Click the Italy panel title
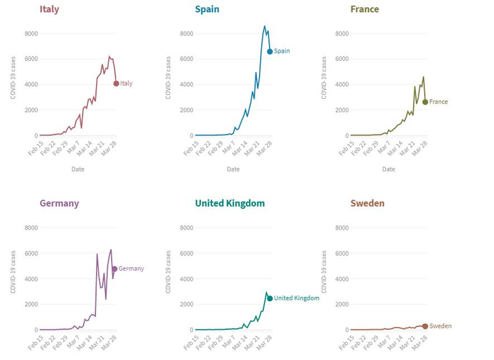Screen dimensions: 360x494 pos(49,10)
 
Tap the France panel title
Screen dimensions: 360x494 pos(364,10)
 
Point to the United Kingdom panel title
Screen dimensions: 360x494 pos(230,203)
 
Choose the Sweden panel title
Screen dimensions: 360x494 pos(367,203)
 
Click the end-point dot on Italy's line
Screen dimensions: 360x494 pos(116,84)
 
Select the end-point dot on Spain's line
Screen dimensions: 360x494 pos(270,51)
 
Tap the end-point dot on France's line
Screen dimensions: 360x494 pos(425,101)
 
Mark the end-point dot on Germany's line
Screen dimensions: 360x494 pos(115,269)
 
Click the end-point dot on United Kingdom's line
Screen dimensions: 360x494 pos(270,298)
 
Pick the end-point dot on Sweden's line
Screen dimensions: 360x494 pos(425,326)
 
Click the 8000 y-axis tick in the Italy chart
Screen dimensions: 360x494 pos(31,33)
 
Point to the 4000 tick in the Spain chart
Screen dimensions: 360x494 pos(186,84)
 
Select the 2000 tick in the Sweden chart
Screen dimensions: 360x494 pos(341,304)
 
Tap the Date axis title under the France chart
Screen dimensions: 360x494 pos(389,169)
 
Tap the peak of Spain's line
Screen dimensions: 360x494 pos(265,27)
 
